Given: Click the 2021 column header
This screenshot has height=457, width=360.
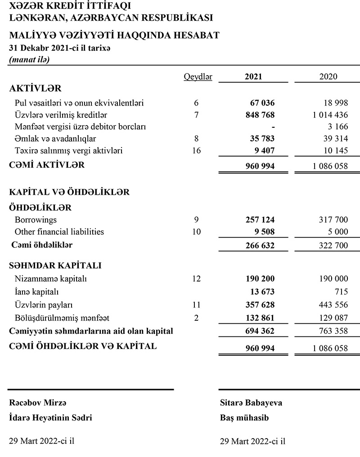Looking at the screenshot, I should (253, 76).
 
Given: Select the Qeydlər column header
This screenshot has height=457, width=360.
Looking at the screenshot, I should (198, 76).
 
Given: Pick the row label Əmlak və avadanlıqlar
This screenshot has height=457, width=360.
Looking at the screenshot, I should (55, 139).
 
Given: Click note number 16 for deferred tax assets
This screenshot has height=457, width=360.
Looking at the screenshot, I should (196, 150).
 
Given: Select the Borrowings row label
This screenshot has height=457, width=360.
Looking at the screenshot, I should (36, 220).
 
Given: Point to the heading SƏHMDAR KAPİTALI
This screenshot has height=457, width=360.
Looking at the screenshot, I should (55, 265).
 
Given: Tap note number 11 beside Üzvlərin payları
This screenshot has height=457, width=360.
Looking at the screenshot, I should (196, 305).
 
